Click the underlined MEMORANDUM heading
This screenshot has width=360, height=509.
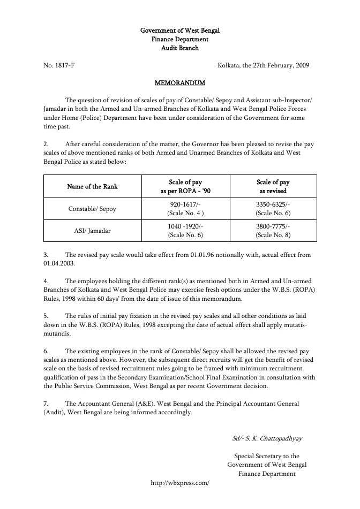point(179,83)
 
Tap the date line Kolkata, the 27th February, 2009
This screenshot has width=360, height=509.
point(264,65)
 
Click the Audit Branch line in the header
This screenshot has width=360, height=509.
point(180,48)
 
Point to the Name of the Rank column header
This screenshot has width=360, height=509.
point(92,186)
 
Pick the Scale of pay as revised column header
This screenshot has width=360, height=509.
point(273,186)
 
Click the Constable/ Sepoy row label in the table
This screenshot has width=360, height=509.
point(92,209)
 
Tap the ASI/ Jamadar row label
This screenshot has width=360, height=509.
point(92,231)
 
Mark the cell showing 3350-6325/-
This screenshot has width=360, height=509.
point(273,205)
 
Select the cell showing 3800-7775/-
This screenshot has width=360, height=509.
point(273,226)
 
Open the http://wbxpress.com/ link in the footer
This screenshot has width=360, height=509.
point(180,482)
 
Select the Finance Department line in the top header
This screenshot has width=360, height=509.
point(180,39)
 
